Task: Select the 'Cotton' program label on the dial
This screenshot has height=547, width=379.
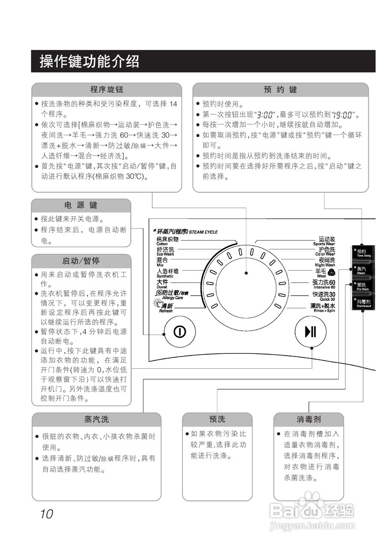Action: (x=167, y=241)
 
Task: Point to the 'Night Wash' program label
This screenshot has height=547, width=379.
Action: (x=325, y=262)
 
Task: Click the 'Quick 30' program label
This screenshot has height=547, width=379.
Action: (x=324, y=296)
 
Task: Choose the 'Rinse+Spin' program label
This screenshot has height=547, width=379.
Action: (x=323, y=307)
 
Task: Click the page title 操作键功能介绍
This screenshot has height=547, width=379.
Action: (x=89, y=61)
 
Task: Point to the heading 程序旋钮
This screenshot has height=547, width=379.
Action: (x=107, y=90)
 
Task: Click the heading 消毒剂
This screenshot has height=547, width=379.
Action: (x=308, y=419)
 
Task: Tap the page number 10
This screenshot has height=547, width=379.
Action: (x=47, y=514)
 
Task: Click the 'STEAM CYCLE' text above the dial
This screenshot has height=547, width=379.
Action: (x=203, y=232)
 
